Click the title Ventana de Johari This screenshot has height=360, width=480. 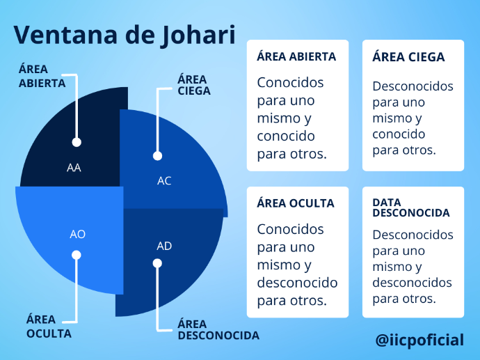125,35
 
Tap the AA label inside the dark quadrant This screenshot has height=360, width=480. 74,168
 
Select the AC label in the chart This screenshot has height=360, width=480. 164,181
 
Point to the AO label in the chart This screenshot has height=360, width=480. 77,235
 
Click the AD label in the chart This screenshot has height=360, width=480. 164,246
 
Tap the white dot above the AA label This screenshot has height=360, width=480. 77,142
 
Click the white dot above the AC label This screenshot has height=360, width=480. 157,156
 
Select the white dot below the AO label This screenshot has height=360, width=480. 77,255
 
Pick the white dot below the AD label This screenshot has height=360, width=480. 157,263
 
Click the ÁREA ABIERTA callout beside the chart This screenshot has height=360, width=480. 42,76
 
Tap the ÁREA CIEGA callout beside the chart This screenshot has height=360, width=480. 194,85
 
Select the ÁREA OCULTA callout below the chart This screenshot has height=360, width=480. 49,327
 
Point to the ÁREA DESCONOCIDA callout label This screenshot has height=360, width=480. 218,329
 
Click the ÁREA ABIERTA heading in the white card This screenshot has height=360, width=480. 296,56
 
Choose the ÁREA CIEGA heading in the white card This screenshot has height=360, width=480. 408,57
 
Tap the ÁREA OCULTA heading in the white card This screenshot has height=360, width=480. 296,203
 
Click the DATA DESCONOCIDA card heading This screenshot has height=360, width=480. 411,208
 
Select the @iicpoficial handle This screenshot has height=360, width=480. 419,341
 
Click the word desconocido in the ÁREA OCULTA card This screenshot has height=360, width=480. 297,283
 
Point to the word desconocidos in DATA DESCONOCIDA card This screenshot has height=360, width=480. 412,283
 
